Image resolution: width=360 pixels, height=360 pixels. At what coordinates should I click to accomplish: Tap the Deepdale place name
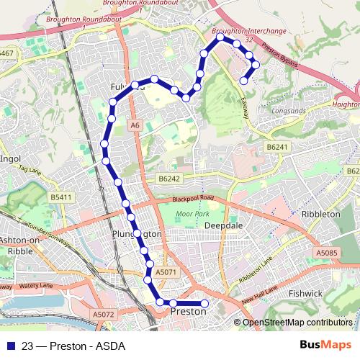222,225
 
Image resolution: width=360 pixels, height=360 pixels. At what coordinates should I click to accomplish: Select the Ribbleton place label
322,215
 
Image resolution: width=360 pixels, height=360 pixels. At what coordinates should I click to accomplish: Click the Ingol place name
11,158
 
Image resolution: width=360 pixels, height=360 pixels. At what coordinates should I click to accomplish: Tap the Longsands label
289,112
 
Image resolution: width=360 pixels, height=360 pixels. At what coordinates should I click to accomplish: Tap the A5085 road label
326,253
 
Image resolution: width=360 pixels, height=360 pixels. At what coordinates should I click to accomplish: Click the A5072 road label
104,314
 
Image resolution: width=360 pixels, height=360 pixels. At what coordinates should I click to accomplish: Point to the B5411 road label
62,197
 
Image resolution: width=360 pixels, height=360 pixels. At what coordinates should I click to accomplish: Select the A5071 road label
166,272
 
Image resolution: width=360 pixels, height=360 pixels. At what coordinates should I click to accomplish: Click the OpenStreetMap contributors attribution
297,323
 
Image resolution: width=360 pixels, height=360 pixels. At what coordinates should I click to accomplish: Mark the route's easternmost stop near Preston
204,303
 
